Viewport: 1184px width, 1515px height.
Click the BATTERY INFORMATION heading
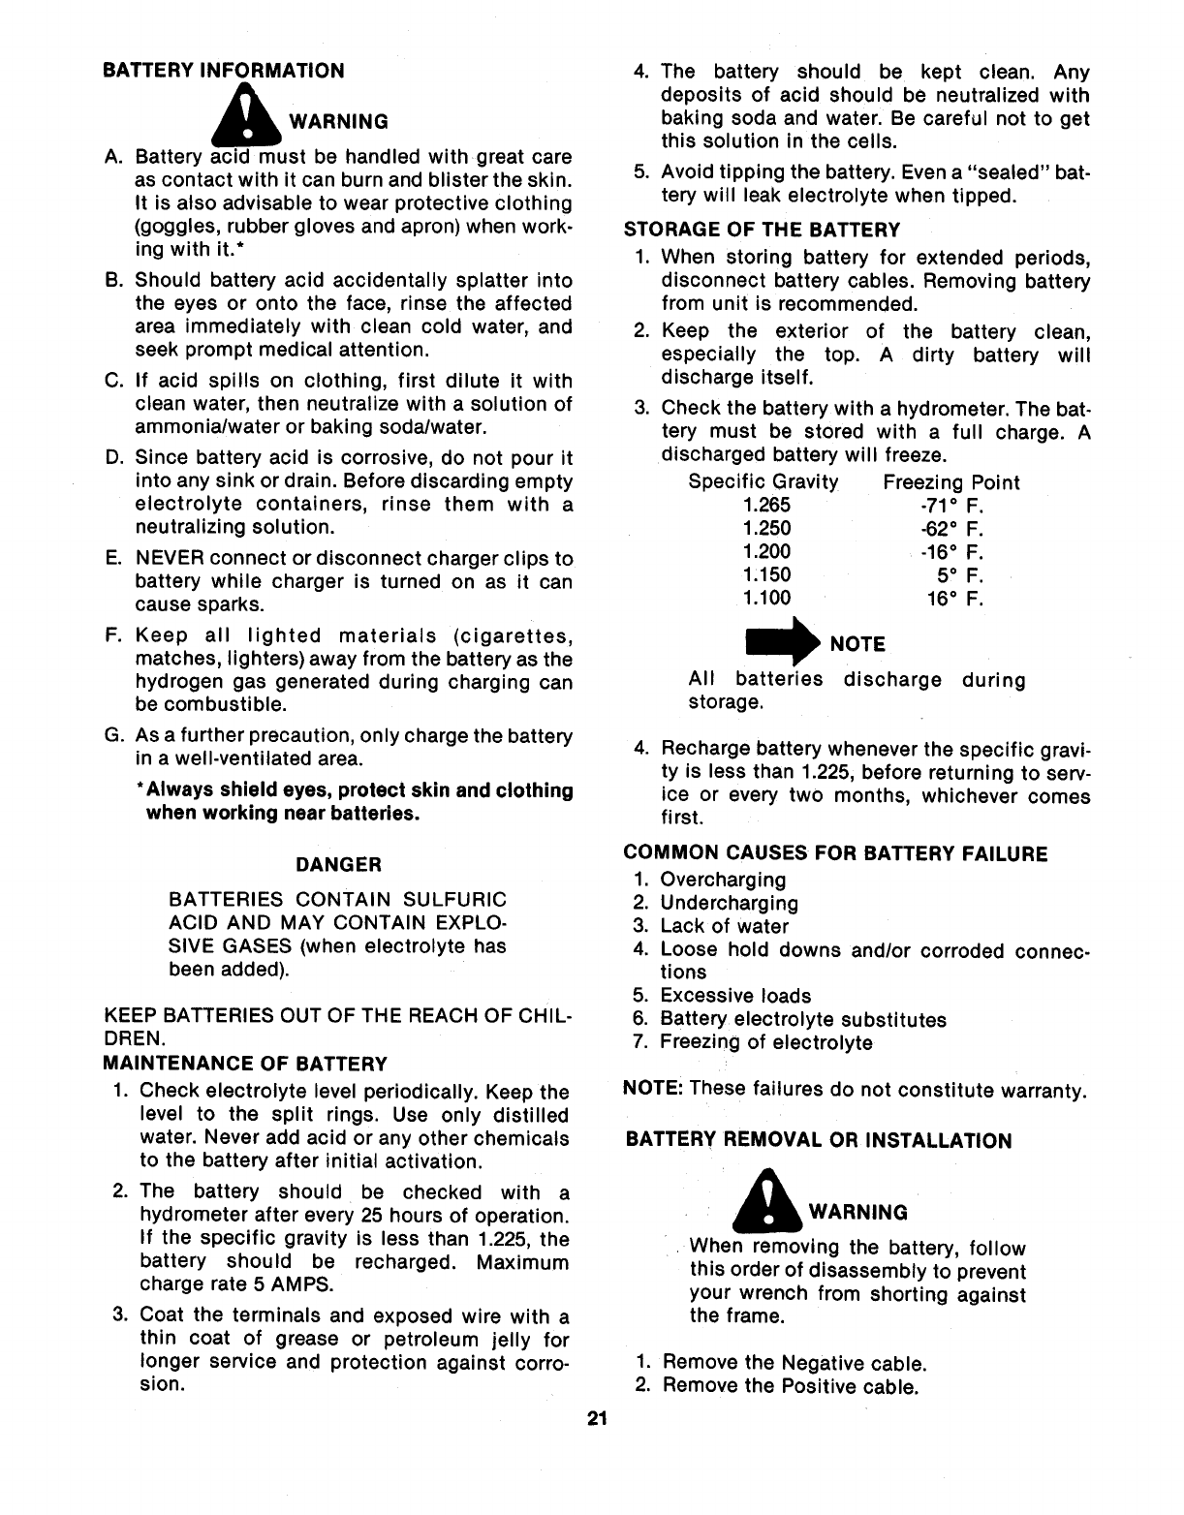tap(223, 71)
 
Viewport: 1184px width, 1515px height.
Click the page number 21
tap(596, 1420)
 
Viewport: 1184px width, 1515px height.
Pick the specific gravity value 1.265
tap(766, 506)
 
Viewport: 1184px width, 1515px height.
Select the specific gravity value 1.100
tap(766, 599)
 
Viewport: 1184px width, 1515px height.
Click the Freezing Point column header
tap(950, 482)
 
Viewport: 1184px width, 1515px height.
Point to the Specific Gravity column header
tap(763, 482)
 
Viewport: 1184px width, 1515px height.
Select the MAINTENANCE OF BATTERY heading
tap(245, 1064)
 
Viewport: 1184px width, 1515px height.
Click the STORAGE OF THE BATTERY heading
tap(762, 231)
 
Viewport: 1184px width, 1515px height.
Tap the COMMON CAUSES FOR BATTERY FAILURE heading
tap(835, 854)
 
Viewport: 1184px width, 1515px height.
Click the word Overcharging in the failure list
tap(723, 880)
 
